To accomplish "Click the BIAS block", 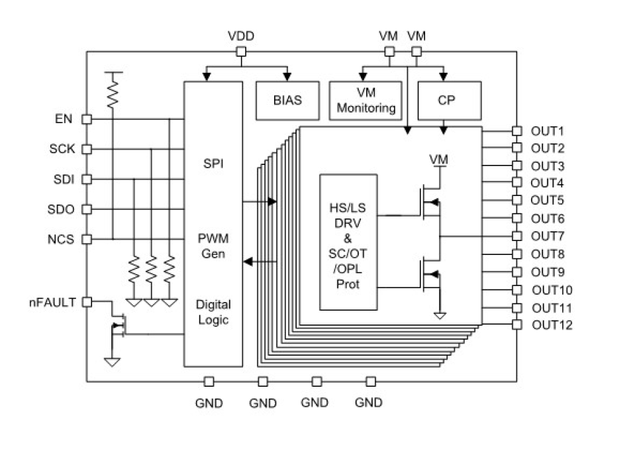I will pos(287,101).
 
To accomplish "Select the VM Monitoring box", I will pos(366,101).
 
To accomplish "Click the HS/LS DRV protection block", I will pos(348,242).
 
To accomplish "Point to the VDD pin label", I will pos(241,36).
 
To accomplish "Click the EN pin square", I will pos(86,119).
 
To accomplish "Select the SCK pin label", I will pos(62,149).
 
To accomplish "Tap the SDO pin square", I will pos(86,209).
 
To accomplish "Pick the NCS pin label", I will pos(61,239).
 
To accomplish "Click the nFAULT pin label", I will pos(52,302).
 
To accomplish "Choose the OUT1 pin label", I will pos(548,130).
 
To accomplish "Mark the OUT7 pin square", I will pos(517,236).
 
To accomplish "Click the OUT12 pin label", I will pos(552,324).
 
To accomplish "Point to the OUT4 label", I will pos(548,183).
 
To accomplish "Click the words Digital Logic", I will pos(213,313).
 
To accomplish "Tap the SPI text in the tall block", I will pos(213,163).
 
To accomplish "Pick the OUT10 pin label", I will pos(552,290).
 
